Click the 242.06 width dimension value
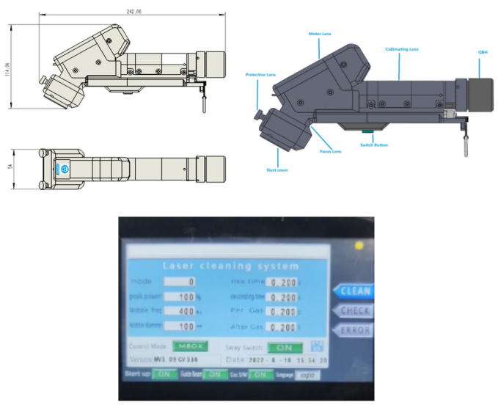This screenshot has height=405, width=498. point(133,12)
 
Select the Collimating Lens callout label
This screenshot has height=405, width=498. point(402,49)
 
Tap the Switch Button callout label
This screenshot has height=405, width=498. point(374,145)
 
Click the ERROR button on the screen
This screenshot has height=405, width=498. point(355,330)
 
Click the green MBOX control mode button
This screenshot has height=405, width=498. point(188,346)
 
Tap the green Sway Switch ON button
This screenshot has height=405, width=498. point(285,347)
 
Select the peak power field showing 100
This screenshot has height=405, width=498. point(180,297)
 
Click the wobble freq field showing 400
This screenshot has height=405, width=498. point(180,312)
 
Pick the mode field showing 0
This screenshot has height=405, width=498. point(180,281)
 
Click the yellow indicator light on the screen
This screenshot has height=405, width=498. point(359,245)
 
